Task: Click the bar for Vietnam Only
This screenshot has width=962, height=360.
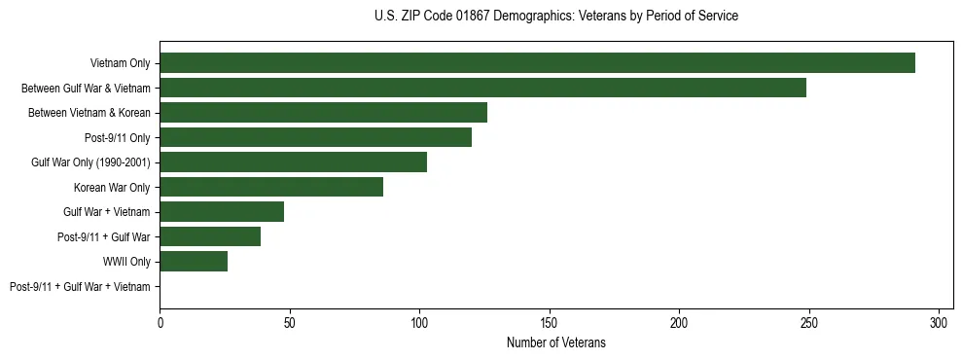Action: tap(537, 63)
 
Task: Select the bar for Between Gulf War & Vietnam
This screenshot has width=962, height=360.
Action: tap(482, 88)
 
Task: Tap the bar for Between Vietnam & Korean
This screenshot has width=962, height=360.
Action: tap(323, 113)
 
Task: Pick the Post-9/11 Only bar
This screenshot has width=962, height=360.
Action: tap(315, 137)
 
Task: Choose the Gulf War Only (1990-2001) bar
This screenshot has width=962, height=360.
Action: tap(293, 162)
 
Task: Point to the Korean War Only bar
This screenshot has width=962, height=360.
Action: tap(271, 187)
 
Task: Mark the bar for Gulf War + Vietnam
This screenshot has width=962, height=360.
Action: tap(222, 212)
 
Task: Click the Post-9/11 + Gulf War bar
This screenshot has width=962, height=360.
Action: tap(210, 236)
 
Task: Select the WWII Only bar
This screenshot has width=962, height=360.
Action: tap(194, 261)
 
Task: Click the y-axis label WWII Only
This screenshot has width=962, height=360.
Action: tap(126, 262)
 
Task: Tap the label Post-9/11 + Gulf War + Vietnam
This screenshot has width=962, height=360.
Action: tap(80, 287)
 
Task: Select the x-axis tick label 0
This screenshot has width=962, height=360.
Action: tap(160, 323)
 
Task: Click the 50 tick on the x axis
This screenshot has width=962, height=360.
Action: tap(290, 323)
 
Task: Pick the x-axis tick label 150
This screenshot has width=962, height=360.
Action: tap(550, 323)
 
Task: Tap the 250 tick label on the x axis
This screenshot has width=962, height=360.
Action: tap(809, 323)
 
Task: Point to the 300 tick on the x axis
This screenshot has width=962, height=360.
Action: tap(939, 323)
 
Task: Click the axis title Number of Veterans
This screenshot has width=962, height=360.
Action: tap(555, 342)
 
